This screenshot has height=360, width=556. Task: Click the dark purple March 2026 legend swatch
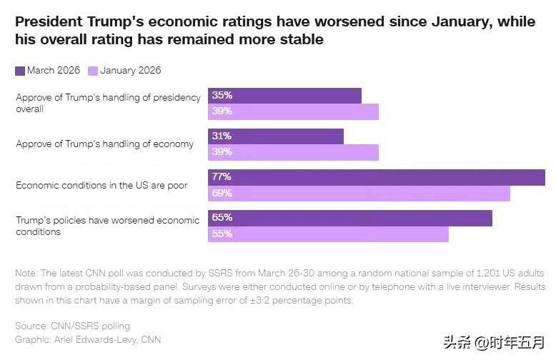pos(20,71)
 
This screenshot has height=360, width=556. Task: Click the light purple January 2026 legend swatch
pos(93,71)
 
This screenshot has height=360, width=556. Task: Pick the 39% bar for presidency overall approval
pos(293,112)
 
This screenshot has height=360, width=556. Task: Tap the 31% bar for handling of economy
pos(276,136)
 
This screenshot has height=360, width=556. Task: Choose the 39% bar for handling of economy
pos(293,153)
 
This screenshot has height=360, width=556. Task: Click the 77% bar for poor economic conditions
pos(377,177)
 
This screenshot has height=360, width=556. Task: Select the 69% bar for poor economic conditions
pos(359,194)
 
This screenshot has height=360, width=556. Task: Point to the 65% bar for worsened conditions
pos(350,218)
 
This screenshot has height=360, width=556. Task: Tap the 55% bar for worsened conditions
pos(328,234)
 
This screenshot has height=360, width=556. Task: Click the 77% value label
pos(222,177)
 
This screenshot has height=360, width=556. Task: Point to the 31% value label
pos(222,136)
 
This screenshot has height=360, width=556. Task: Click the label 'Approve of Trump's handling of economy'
pos(104,144)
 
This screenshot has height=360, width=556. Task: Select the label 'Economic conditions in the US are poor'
pos(101,185)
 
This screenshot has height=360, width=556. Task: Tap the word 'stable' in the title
pos(301,39)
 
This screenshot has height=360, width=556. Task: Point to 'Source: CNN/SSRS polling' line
pos(74,326)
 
